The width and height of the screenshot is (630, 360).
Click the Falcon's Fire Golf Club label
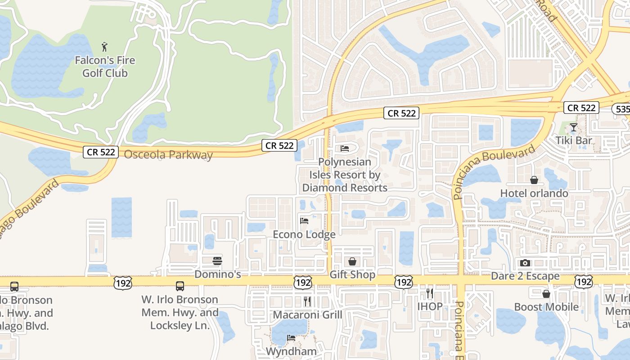pyautogui.click(x=105, y=67)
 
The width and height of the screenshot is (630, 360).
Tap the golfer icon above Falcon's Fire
pyautogui.click(x=105, y=46)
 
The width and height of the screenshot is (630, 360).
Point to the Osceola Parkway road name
pyautogui.click(x=168, y=155)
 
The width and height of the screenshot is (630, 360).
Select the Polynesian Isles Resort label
pyautogui.click(x=345, y=175)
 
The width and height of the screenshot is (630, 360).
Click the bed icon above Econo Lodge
pyautogui.click(x=304, y=221)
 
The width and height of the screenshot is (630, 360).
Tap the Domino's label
pyautogui.click(x=218, y=274)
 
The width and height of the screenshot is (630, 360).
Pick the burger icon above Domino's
pyautogui.click(x=217, y=261)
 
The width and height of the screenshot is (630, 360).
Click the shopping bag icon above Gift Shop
pyautogui.click(x=352, y=261)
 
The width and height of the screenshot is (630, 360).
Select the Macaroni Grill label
pyautogui.click(x=308, y=315)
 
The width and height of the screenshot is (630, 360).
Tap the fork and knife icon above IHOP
pyautogui.click(x=429, y=293)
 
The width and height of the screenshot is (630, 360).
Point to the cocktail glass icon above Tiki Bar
pyautogui.click(x=573, y=127)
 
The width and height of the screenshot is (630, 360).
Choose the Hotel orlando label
pyautogui.click(x=534, y=193)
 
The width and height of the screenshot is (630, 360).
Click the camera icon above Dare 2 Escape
pyautogui.click(x=525, y=263)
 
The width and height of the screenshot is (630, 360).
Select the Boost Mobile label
pyautogui.click(x=546, y=307)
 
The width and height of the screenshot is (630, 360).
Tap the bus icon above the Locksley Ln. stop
pyautogui.click(x=180, y=286)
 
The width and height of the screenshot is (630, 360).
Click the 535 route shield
pyautogui.click(x=621, y=109)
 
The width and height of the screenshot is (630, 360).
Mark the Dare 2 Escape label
pyautogui.click(x=525, y=276)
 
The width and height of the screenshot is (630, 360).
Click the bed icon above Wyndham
pyautogui.click(x=291, y=337)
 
